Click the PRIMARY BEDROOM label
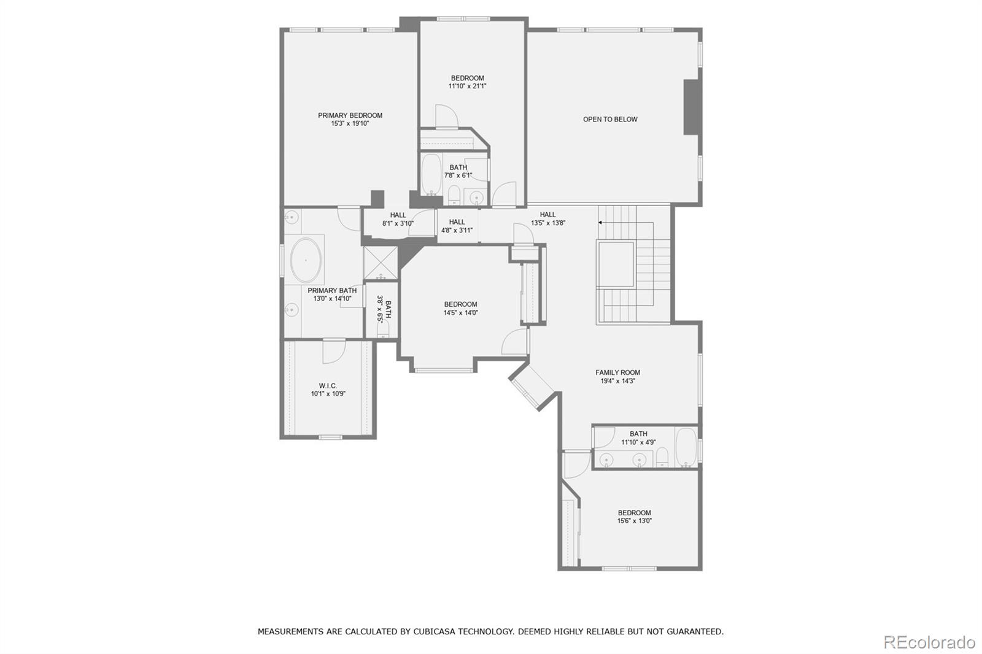click(350, 115)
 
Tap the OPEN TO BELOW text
click(610, 120)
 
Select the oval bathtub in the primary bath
click(305, 260)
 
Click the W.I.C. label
click(328, 386)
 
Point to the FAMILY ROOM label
click(617, 372)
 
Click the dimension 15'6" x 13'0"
click(634, 521)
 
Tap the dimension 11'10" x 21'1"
click(467, 87)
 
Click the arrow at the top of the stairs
click(600, 222)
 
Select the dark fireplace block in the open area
click(692, 107)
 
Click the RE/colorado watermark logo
click(929, 642)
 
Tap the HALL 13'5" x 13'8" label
click(547, 219)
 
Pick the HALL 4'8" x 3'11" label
click(457, 226)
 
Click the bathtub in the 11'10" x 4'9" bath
click(686, 447)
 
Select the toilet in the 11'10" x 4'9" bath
click(662, 458)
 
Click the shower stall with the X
click(381, 263)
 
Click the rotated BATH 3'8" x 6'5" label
click(384, 309)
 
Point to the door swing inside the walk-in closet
click(334, 352)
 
